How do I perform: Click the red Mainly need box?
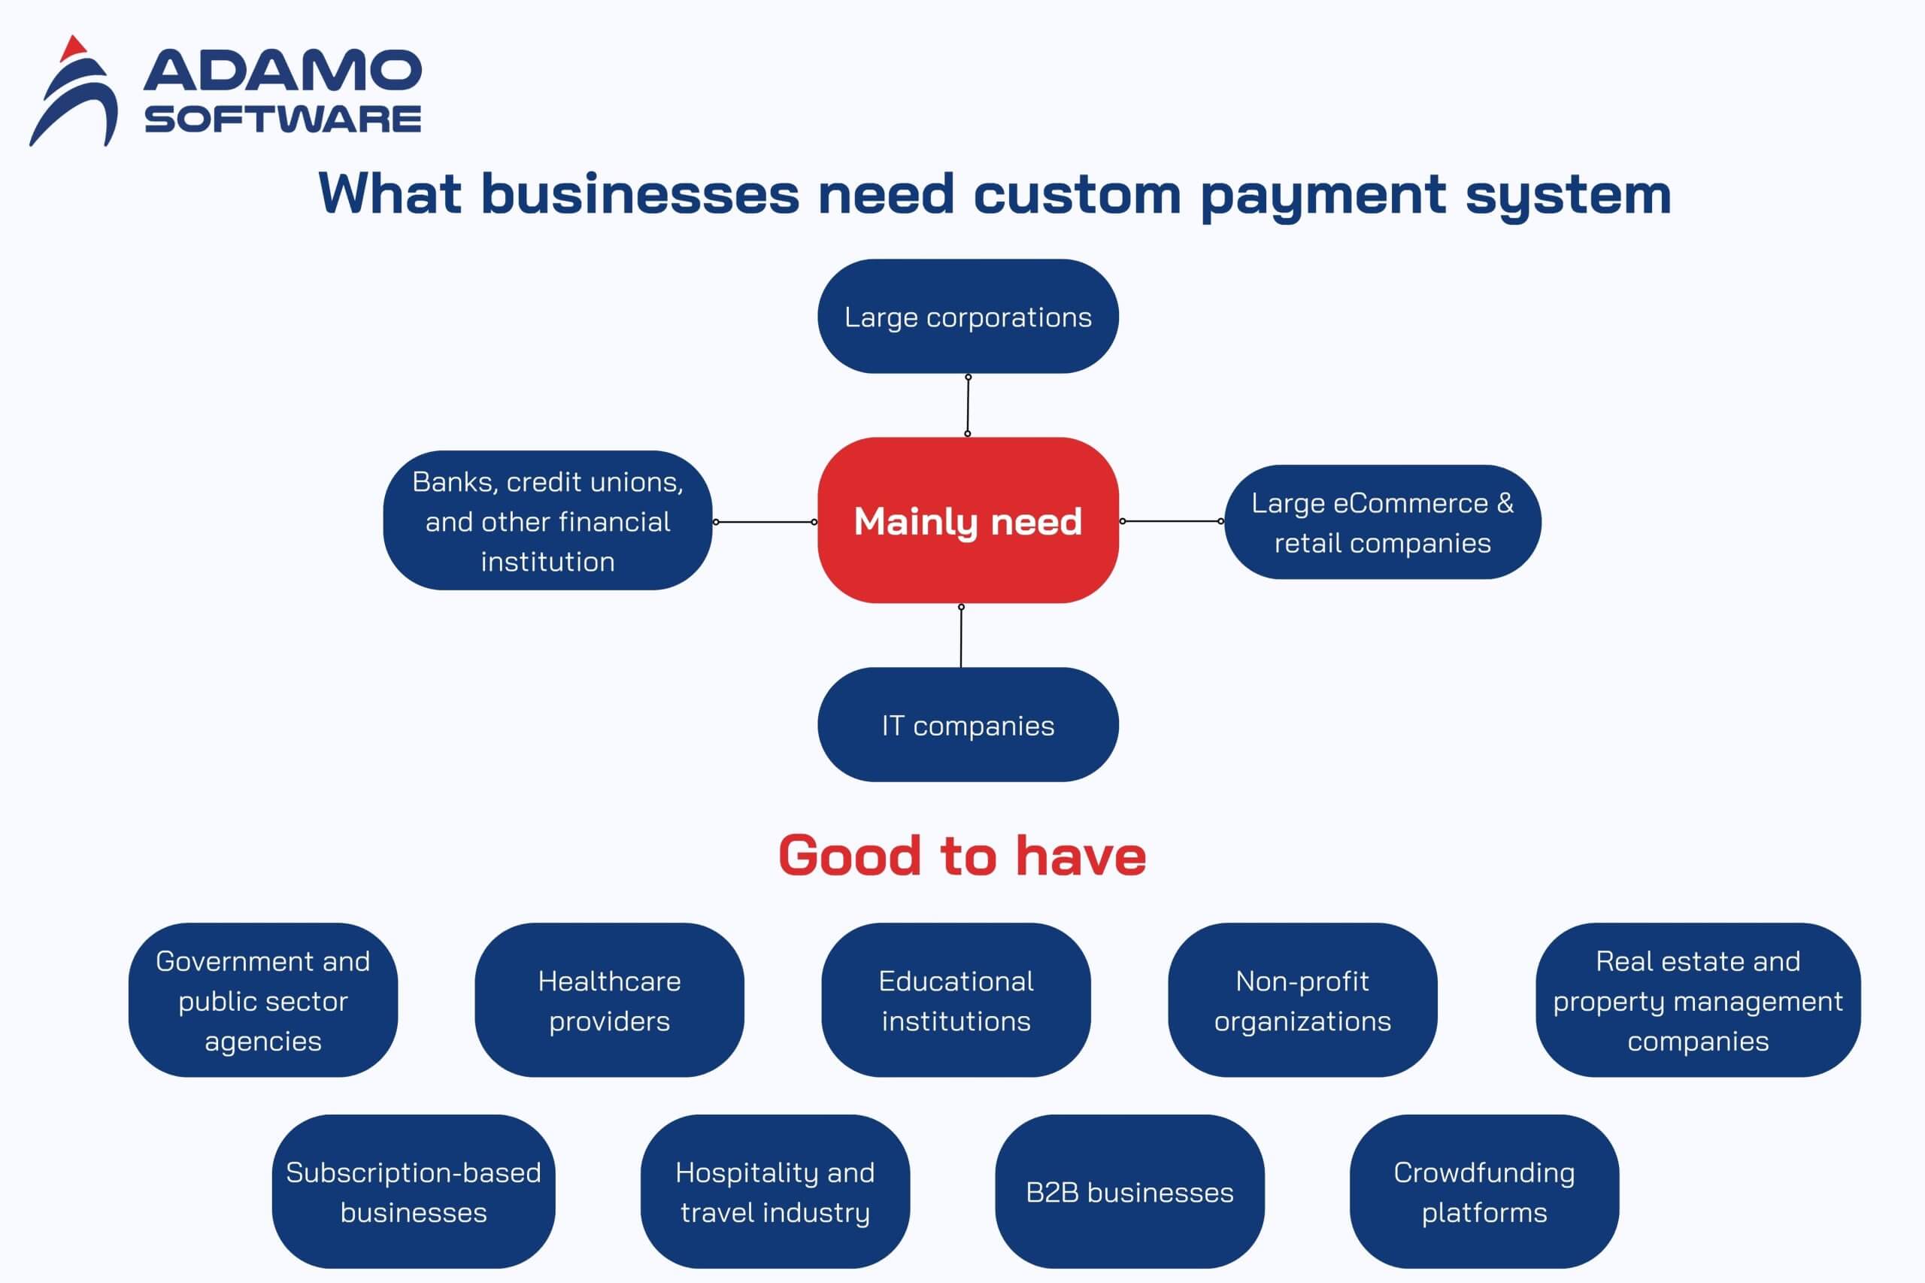[x=968, y=521]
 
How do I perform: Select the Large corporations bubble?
[x=968, y=317]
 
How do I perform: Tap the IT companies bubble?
[x=968, y=725]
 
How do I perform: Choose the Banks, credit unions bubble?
[x=547, y=521]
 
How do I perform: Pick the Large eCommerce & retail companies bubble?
[x=1383, y=522]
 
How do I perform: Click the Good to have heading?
[x=962, y=856]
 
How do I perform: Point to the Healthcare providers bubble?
[x=610, y=1000]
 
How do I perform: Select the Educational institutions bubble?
[x=956, y=1000]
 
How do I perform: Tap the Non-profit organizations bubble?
[x=1302, y=1000]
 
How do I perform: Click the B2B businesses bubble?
[x=1129, y=1192]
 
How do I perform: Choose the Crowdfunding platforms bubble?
[x=1484, y=1192]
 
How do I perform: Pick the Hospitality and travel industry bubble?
[x=775, y=1192]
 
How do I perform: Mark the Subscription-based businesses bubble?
[x=413, y=1192]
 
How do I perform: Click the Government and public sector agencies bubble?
[x=262, y=1000]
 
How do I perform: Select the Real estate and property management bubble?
[x=1698, y=1000]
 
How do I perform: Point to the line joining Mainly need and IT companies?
[x=961, y=636]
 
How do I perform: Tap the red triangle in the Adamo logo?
[x=74, y=47]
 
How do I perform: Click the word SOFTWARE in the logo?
[x=283, y=120]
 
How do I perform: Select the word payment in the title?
[x=1322, y=196]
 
